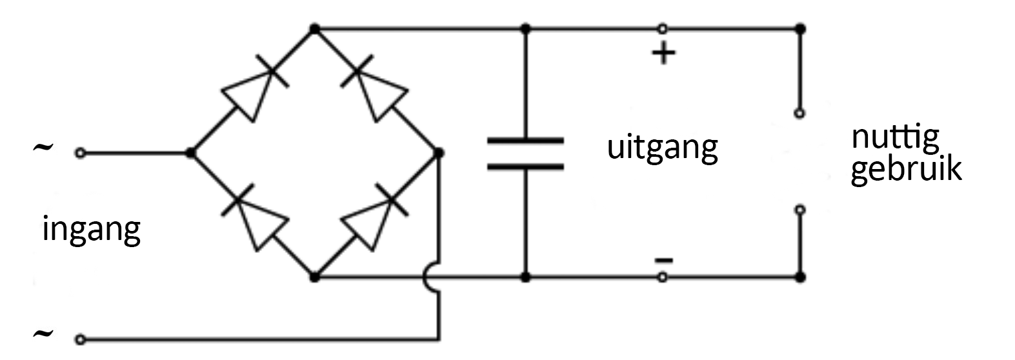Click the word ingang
91,230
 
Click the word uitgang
662,148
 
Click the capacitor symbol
525,154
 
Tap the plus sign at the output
663,54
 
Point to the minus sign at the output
663,261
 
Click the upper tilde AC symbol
42,148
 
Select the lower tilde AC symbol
42,334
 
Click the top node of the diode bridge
314,29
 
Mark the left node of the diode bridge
190,153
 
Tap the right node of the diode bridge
439,153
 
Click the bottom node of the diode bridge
314,277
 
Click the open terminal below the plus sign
799,113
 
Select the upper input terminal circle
79,153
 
